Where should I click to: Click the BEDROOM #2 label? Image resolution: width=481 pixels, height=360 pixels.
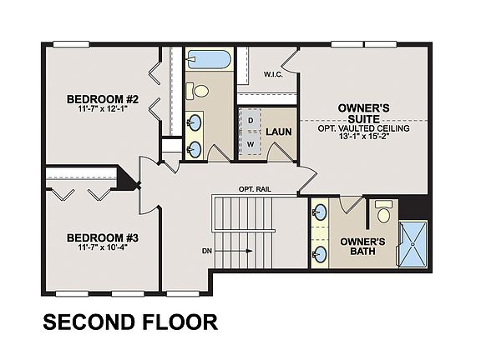(103, 101)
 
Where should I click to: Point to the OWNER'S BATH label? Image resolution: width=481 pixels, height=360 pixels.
(362, 248)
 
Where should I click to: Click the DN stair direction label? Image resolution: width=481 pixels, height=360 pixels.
(205, 250)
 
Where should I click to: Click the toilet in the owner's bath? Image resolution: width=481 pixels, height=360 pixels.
(383, 213)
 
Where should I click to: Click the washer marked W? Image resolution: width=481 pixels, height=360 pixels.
(250, 144)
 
